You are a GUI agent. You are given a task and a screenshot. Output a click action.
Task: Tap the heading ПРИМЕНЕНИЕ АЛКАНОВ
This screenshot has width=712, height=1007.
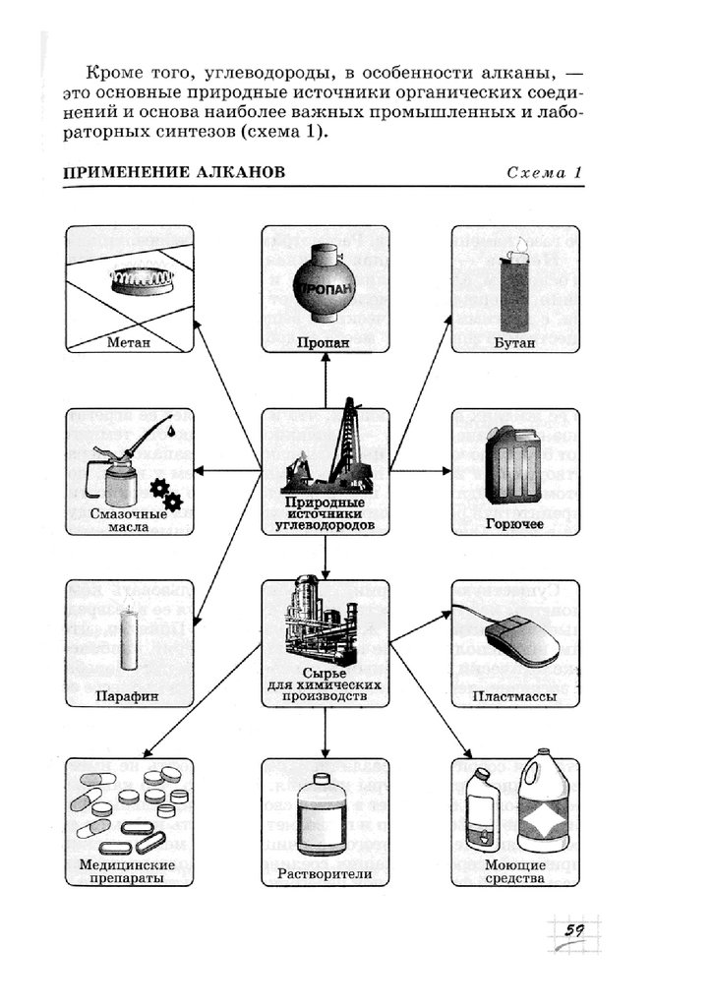click(x=174, y=172)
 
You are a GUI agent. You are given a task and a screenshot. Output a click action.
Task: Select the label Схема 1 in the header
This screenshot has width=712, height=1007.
click(x=544, y=172)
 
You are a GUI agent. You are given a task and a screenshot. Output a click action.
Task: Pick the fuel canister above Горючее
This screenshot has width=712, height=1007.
click(x=514, y=461)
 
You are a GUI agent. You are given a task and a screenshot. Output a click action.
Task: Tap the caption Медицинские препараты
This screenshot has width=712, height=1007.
click(x=129, y=871)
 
